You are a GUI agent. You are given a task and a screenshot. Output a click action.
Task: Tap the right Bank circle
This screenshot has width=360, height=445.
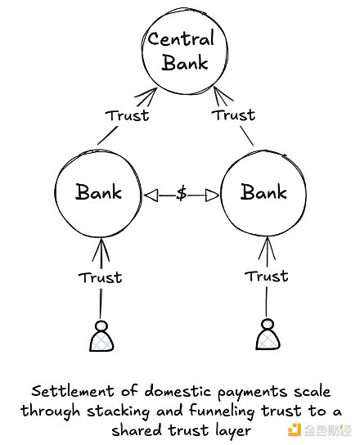[263, 193]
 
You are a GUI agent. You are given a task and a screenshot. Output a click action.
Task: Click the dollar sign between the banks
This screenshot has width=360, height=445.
[182, 194]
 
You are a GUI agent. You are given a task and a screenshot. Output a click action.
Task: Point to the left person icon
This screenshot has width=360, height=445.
[101, 336]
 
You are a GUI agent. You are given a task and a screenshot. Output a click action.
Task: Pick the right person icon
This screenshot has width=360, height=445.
[265, 336]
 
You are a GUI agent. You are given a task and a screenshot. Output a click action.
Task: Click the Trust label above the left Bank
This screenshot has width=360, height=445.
[128, 115]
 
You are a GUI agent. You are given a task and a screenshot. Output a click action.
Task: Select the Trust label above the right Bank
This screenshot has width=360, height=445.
[234, 115]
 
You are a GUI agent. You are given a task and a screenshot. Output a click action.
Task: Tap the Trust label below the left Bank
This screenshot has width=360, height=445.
[101, 276]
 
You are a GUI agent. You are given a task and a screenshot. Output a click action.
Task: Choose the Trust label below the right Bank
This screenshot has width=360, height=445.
[267, 276]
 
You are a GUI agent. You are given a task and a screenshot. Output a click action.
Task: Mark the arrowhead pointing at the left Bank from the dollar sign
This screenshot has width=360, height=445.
[150, 194]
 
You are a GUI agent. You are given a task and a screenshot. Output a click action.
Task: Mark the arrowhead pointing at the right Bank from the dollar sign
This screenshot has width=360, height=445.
[214, 194]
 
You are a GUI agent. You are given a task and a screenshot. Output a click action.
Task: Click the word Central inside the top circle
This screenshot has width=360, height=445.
[180, 38]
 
